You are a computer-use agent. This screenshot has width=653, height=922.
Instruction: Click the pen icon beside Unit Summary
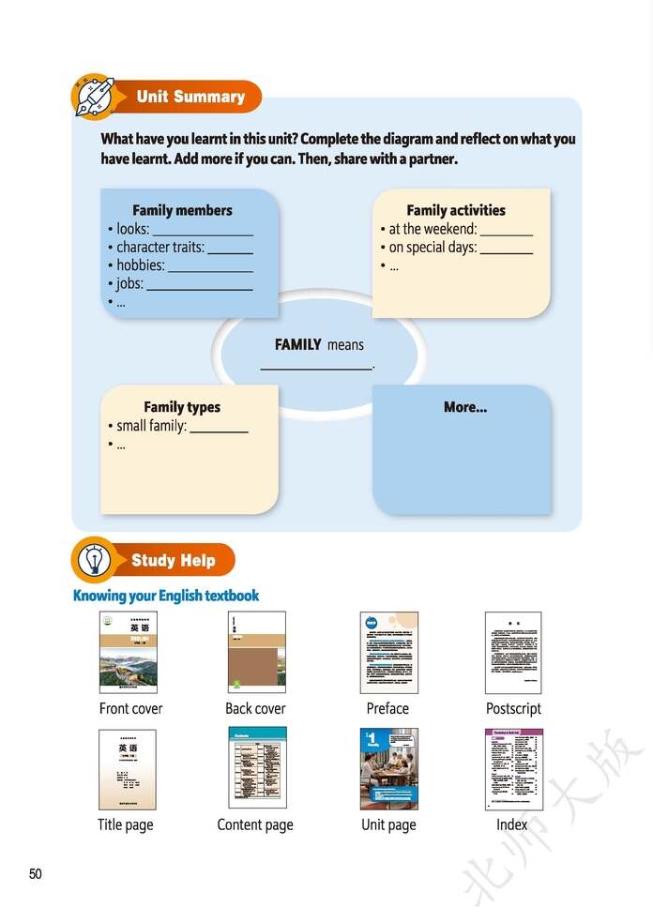pyautogui.click(x=93, y=97)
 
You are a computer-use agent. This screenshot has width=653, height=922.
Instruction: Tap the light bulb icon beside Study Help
pyautogui.click(x=93, y=561)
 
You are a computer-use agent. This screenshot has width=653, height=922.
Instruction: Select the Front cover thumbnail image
pyautogui.click(x=129, y=653)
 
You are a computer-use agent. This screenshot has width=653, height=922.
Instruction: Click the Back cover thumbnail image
pyautogui.click(x=256, y=653)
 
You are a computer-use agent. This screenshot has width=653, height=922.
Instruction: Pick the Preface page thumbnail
pyautogui.click(x=388, y=653)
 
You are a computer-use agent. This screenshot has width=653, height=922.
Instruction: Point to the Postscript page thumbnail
pyautogui.click(x=513, y=653)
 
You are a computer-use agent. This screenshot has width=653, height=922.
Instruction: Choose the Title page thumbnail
pyautogui.click(x=127, y=769)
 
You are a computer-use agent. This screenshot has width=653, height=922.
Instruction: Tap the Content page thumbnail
pyautogui.click(x=257, y=768)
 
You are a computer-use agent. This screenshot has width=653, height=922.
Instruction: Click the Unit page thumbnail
pyautogui.click(x=388, y=768)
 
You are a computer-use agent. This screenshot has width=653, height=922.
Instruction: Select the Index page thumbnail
pyautogui.click(x=513, y=769)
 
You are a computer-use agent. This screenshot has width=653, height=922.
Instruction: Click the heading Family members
pyautogui.click(x=182, y=210)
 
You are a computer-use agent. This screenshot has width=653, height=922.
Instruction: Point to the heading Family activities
pyautogui.click(x=456, y=210)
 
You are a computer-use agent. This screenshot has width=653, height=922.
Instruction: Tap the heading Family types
pyautogui.click(x=182, y=407)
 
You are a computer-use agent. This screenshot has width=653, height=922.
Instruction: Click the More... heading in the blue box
pyautogui.click(x=465, y=407)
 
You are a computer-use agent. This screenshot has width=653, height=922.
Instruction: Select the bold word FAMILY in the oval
pyautogui.click(x=298, y=345)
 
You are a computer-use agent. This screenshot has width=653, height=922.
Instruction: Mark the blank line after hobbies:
pyautogui.click(x=210, y=270)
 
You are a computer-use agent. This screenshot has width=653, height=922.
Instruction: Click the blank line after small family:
pyautogui.click(x=220, y=431)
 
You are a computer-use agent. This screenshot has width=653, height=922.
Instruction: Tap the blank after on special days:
pyautogui.click(x=507, y=252)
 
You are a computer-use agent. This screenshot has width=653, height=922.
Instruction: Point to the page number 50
pyautogui.click(x=36, y=874)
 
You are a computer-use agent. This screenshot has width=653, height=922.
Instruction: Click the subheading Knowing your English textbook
pyautogui.click(x=166, y=596)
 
